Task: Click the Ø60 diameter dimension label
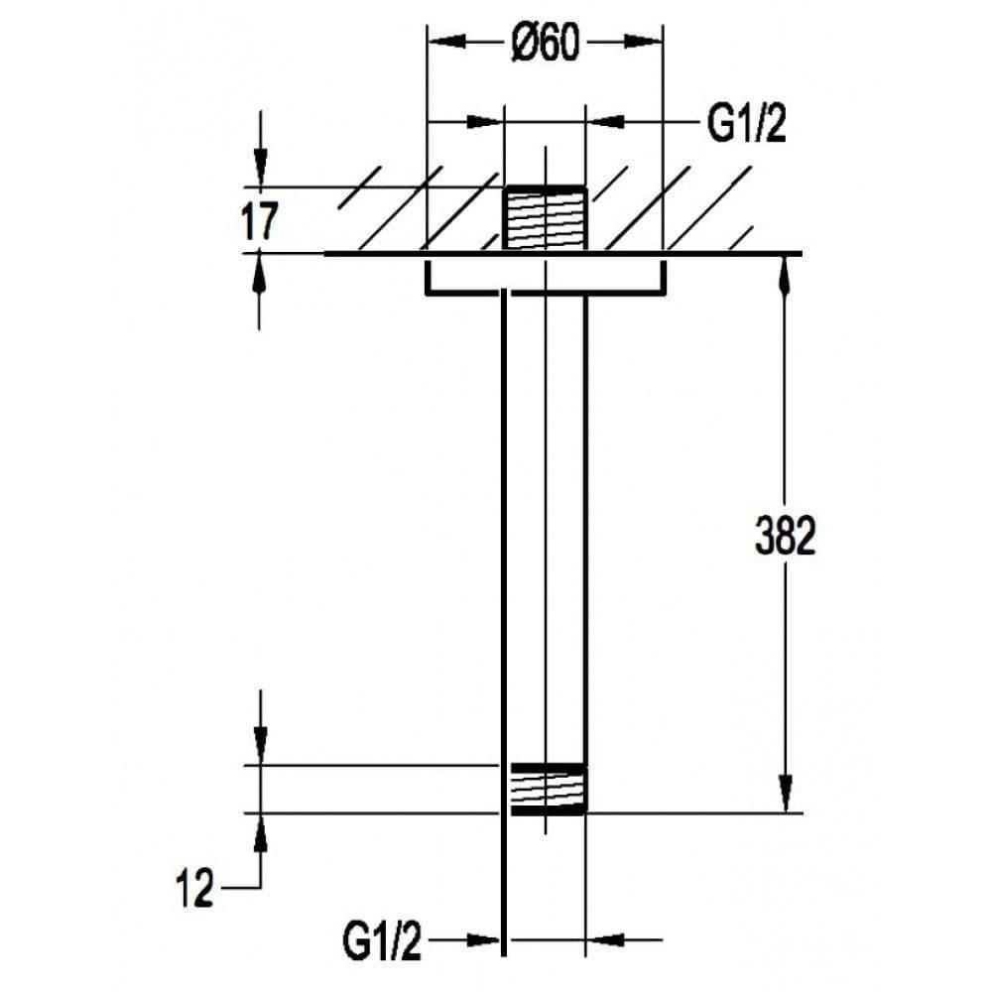point(545,44)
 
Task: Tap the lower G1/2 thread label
point(382,940)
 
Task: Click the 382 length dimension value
point(785,537)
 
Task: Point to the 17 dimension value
point(260,220)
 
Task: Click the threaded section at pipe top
point(545,218)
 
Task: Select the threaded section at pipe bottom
point(547,789)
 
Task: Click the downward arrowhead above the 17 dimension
point(260,169)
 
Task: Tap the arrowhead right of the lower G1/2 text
point(486,938)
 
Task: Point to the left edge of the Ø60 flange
point(427,277)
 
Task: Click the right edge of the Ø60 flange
point(663,277)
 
